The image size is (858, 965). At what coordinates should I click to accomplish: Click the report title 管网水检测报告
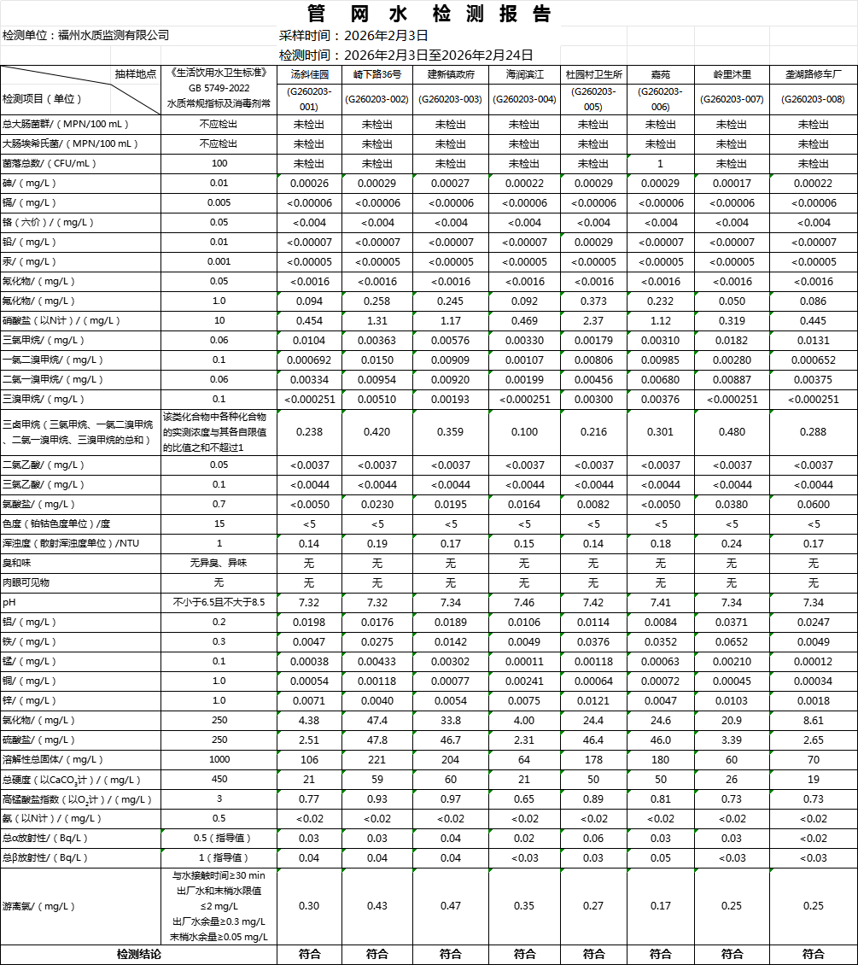pyautogui.click(x=429, y=14)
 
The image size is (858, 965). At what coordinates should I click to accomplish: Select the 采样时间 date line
pyautogui.click(x=353, y=35)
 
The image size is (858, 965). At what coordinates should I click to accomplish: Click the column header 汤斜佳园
pyautogui.click(x=309, y=74)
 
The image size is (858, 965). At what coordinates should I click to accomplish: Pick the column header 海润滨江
pyautogui.click(x=524, y=74)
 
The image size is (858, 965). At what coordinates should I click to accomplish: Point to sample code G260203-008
pyautogui.click(x=813, y=99)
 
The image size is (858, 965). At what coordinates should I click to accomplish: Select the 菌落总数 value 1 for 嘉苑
pyautogui.click(x=660, y=163)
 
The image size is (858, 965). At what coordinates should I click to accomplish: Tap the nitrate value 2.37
pyautogui.click(x=593, y=320)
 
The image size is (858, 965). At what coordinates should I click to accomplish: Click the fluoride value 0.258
pyautogui.click(x=376, y=301)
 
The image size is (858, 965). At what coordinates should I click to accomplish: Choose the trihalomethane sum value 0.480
pyautogui.click(x=732, y=431)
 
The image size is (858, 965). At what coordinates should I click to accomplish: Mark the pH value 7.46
pyautogui.click(x=524, y=602)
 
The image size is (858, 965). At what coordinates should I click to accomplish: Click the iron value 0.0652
pyautogui.click(x=732, y=641)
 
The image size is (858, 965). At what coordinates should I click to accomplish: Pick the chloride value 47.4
pyautogui.click(x=376, y=720)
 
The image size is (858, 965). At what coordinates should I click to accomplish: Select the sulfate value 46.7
pyautogui.click(x=450, y=740)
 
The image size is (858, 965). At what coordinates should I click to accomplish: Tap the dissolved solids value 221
pyautogui.click(x=376, y=759)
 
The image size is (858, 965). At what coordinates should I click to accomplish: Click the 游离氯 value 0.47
pyautogui.click(x=450, y=905)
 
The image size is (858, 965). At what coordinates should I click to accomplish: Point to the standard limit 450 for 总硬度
pyautogui.click(x=219, y=779)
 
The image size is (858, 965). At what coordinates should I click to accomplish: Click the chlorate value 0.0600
pyautogui.click(x=813, y=504)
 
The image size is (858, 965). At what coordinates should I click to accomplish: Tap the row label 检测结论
pyautogui.click(x=138, y=954)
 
